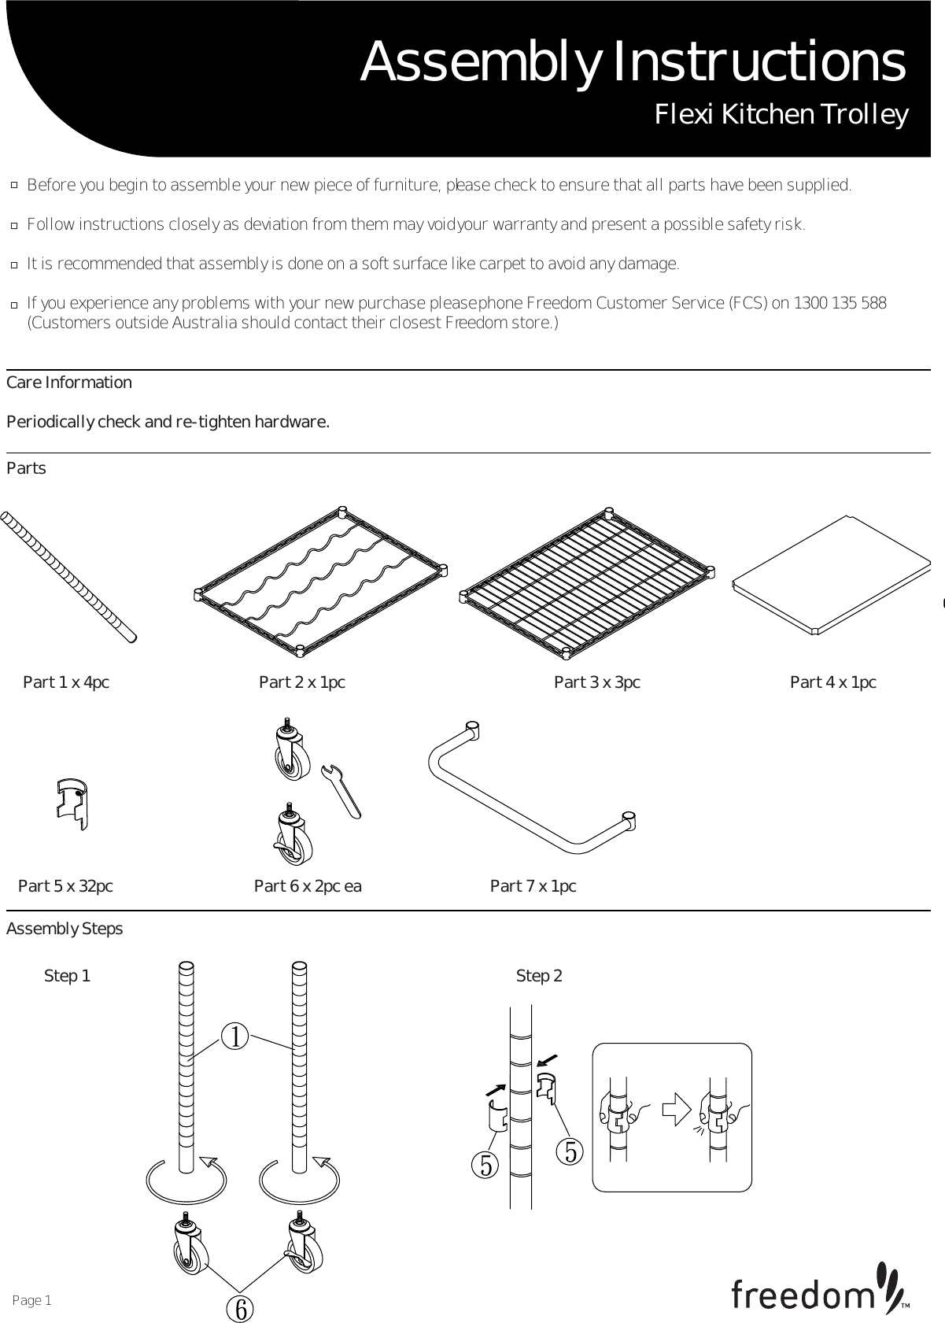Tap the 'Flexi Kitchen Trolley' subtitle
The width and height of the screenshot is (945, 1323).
781,115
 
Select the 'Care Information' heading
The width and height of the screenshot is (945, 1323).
69,382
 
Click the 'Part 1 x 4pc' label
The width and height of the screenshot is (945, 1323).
66,682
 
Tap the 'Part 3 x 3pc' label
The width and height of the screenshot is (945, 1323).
596,682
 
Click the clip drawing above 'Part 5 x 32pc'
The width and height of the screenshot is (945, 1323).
72,804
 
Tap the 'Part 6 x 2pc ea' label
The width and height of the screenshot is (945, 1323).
308,886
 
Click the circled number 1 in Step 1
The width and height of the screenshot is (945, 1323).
235,1037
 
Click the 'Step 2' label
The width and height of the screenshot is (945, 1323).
539,976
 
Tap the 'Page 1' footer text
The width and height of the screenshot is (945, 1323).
32,1300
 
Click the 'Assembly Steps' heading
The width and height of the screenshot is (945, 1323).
65,929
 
